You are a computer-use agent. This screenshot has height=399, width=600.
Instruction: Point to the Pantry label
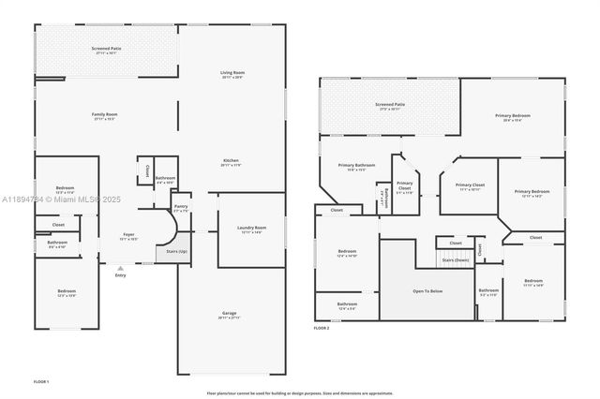point(181,208)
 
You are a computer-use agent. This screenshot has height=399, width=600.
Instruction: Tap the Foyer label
point(128,234)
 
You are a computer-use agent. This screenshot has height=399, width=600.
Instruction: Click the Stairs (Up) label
point(176,252)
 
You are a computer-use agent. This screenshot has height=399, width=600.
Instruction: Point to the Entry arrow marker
point(120,267)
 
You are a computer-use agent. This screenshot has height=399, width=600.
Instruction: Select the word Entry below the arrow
point(120,274)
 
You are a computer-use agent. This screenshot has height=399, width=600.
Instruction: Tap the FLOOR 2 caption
point(322,329)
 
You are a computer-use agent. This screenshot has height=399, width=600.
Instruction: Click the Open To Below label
point(427,291)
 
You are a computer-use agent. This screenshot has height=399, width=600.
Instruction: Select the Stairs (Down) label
point(455,259)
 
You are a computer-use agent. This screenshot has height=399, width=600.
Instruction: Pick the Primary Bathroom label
point(352,165)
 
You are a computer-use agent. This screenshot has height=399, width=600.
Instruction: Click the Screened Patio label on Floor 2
point(390,105)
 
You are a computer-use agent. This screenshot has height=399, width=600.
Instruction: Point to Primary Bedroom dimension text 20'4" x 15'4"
point(511,121)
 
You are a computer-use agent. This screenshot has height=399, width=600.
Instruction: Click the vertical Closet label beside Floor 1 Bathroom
point(147,171)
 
